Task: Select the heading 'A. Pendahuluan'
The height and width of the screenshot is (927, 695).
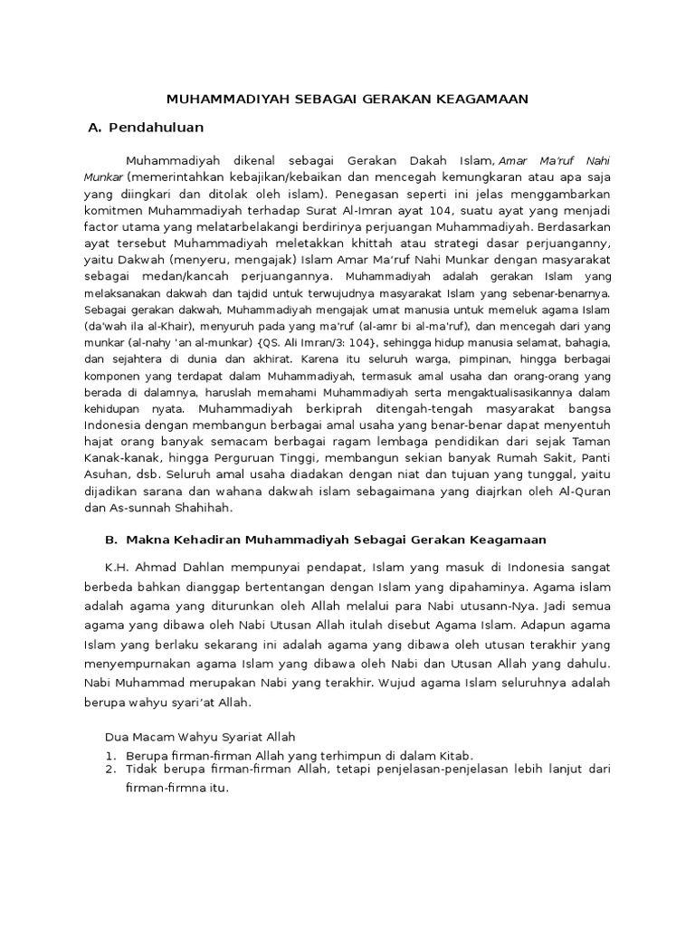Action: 146,127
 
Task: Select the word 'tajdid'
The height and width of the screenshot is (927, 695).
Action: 244,294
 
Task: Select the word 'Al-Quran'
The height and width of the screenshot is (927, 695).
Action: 586,492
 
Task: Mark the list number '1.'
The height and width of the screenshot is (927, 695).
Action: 111,755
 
